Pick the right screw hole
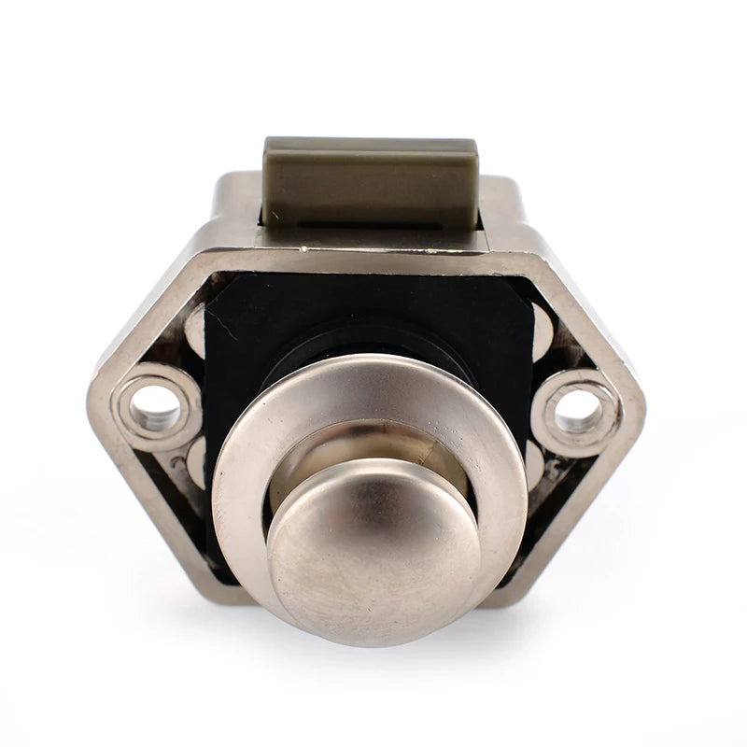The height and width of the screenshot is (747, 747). [x=578, y=409]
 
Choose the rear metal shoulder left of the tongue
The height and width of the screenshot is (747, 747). [x=233, y=201]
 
